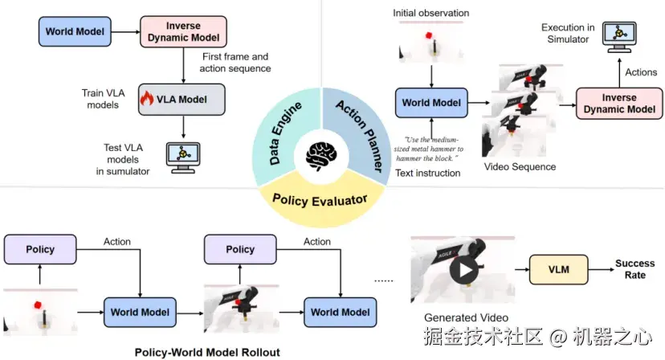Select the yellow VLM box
558,270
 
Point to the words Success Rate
634,269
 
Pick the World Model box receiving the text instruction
432,103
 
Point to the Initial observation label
431,14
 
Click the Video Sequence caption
520,166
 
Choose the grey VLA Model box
181,99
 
